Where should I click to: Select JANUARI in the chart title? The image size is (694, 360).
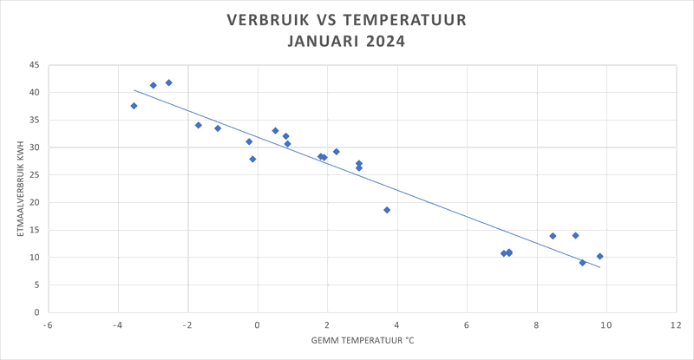tap(322, 41)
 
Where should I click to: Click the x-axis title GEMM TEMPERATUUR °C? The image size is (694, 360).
tap(363, 339)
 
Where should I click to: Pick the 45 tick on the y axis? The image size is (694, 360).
tap(35, 65)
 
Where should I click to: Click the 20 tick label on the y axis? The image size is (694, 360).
tap(35, 203)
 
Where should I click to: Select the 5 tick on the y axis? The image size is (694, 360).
tap(37, 285)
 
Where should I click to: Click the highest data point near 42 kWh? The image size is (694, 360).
tap(169, 83)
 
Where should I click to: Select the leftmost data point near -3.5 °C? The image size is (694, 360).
tap(134, 106)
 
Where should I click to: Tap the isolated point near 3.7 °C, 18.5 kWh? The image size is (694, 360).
tap(387, 210)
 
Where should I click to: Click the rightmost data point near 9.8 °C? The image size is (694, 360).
tap(599, 256)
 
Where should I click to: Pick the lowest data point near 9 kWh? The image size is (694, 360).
tap(582, 262)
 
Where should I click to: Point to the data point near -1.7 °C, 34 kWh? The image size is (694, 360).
tap(198, 125)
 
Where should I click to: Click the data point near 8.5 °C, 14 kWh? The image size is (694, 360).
tap(553, 236)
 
